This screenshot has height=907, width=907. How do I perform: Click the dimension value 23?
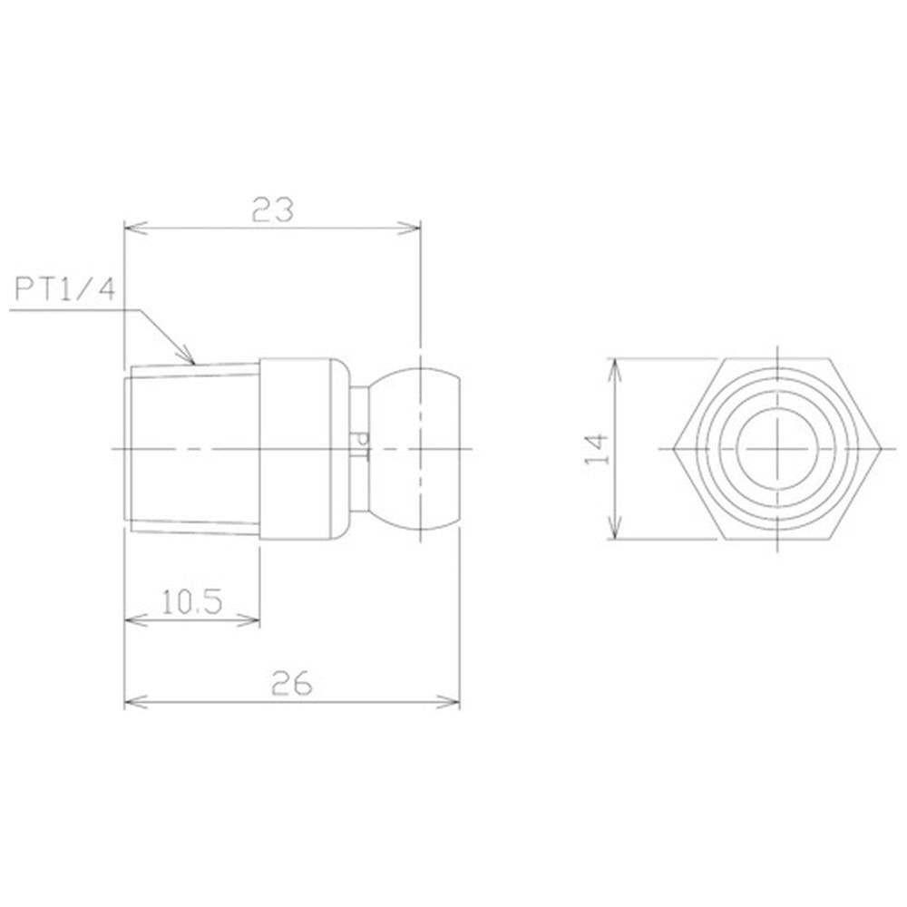point(272,210)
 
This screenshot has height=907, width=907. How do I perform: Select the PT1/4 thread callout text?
point(64,288)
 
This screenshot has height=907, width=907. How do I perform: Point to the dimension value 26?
point(291,684)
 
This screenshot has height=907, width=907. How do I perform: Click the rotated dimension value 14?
point(597,449)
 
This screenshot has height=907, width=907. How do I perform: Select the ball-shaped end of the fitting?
point(414,448)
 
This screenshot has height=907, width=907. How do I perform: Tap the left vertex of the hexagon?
point(673,449)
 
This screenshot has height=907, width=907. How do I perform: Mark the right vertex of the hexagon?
point(881,449)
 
